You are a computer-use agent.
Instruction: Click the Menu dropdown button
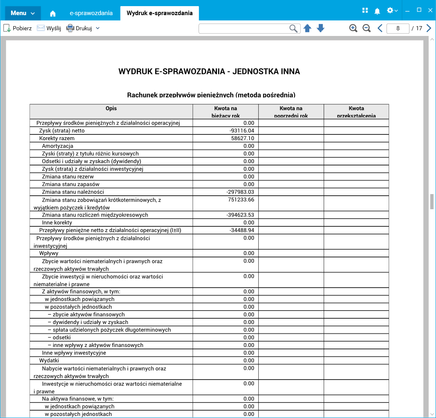(x=23, y=13)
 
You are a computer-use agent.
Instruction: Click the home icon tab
(x=53, y=13)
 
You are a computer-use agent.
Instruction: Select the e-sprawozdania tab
(x=91, y=13)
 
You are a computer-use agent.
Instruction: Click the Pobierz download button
(x=18, y=28)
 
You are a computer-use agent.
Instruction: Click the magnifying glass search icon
(x=293, y=28)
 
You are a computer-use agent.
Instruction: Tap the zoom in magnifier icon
(x=353, y=28)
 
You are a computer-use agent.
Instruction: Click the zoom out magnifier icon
(x=367, y=28)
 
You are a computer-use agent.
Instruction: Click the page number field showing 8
(x=398, y=28)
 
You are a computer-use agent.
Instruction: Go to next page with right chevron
(x=429, y=28)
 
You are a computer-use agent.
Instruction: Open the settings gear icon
(x=390, y=11)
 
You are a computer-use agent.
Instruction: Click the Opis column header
(x=111, y=108)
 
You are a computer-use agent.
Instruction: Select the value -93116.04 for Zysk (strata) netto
(x=242, y=131)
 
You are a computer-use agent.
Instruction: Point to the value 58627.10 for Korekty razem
(x=243, y=139)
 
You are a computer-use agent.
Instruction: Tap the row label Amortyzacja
(x=58, y=146)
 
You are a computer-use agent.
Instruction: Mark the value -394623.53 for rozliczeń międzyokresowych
(x=240, y=215)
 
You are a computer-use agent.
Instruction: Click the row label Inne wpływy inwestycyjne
(x=74, y=353)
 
